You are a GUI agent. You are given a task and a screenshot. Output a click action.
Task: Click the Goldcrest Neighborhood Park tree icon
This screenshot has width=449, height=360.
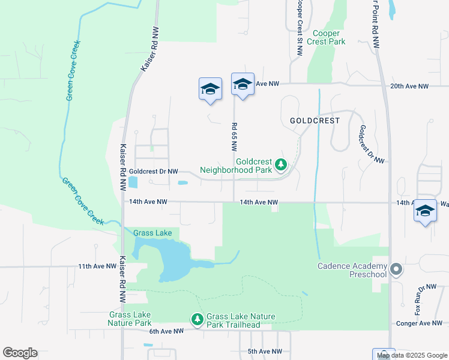[280, 164]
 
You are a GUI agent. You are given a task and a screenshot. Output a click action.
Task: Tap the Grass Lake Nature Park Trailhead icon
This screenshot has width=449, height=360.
[197, 319]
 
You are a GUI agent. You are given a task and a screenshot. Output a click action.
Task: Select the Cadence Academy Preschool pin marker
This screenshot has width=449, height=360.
[396, 269]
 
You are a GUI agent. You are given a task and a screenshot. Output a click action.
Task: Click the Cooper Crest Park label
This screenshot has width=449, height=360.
[326, 37]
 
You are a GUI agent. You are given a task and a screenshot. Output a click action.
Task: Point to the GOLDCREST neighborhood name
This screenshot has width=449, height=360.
[315, 121]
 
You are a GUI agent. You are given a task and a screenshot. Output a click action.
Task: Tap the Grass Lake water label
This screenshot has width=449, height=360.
[152, 233]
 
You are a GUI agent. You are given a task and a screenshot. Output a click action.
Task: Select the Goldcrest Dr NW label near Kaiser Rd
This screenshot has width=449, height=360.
[154, 172]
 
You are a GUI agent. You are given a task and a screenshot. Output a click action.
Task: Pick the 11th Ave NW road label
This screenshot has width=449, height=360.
[96, 266]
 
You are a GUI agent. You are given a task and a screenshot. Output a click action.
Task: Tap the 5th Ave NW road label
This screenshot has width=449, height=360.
[265, 351]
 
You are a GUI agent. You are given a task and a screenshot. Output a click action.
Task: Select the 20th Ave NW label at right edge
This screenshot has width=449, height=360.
[409, 86]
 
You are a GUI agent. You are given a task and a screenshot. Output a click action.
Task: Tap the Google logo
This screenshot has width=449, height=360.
[20, 353]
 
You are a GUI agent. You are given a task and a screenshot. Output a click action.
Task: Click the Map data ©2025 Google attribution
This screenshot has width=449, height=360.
[412, 355]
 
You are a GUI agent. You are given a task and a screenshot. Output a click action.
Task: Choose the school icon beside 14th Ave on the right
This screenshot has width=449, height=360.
[425, 211]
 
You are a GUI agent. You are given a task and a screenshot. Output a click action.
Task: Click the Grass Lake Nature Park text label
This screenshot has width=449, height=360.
[130, 319]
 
